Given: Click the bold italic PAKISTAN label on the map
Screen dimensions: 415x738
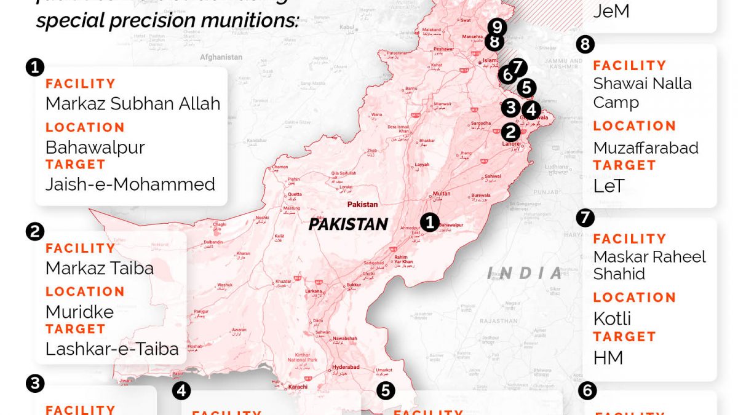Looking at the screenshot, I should (348, 224).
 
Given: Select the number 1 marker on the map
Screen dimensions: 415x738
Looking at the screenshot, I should (430, 222).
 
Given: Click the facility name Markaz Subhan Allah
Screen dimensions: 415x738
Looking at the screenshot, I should (132, 103).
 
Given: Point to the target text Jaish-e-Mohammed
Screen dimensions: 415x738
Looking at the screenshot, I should (130, 184).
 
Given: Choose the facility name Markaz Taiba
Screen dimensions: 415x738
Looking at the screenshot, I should (99, 268).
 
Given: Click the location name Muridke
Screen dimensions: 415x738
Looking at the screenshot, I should (79, 312).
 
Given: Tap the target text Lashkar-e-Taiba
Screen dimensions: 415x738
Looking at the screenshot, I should (112, 349).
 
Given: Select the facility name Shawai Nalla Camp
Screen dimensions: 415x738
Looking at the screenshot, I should (642, 93).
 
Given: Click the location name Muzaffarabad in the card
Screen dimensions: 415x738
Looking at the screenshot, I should (646, 148).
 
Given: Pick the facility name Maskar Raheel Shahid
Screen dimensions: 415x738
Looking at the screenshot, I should (649, 265).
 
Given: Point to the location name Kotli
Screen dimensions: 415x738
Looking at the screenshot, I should (612, 318).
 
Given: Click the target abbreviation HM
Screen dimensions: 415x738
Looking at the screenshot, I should (608, 357).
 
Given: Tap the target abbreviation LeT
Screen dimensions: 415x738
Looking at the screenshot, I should (609, 186).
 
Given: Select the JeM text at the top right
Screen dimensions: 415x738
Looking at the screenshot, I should (611, 11).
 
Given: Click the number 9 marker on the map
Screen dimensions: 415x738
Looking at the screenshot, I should (496, 27).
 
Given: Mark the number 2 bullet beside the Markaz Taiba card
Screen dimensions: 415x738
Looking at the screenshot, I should (34, 232).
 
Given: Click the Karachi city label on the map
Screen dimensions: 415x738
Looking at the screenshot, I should (298, 387).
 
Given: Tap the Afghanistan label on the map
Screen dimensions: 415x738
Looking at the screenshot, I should (221, 57).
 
